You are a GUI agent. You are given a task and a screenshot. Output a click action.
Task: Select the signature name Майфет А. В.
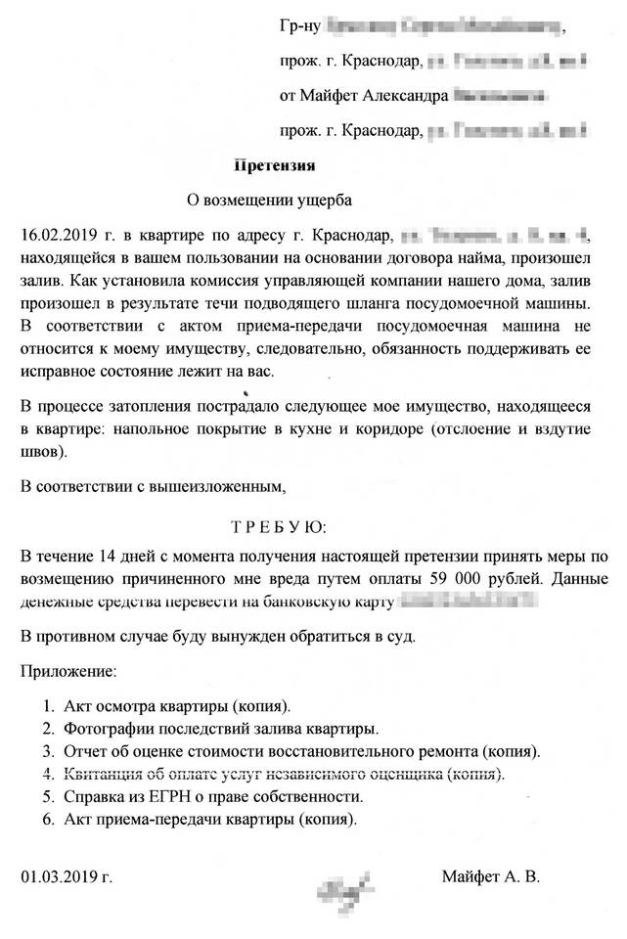point(490,875)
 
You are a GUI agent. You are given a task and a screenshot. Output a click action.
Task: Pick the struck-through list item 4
point(284,774)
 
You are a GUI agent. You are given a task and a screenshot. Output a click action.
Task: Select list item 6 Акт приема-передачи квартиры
point(209,819)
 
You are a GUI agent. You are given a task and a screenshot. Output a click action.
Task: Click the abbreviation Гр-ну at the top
point(297,24)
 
